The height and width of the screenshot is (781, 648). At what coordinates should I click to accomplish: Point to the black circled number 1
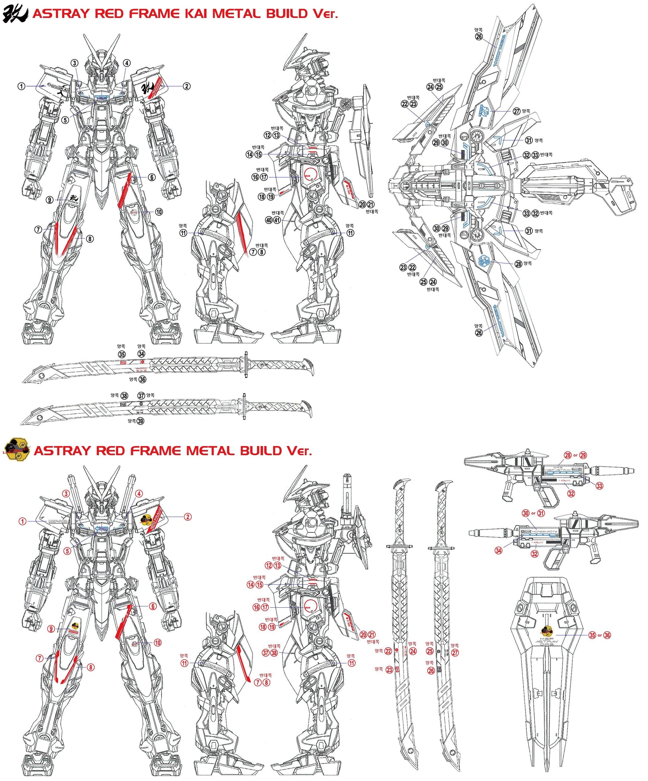tap(22, 86)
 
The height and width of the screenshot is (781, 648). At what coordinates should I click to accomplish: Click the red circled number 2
tap(187, 516)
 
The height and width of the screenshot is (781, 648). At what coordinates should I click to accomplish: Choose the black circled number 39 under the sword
tap(140, 421)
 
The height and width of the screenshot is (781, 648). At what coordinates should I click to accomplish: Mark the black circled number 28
tap(518, 264)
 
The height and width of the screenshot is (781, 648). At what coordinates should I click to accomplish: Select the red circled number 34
tap(499, 550)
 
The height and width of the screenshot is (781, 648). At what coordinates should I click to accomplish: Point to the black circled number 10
tap(159, 212)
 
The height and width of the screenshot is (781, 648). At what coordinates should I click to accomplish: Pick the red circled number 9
tap(51, 629)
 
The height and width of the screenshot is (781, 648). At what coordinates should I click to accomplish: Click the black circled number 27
tap(516, 111)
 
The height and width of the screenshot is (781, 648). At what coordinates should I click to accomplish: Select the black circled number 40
tap(269, 220)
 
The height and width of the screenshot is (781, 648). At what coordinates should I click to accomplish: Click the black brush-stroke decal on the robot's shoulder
tap(148, 89)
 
